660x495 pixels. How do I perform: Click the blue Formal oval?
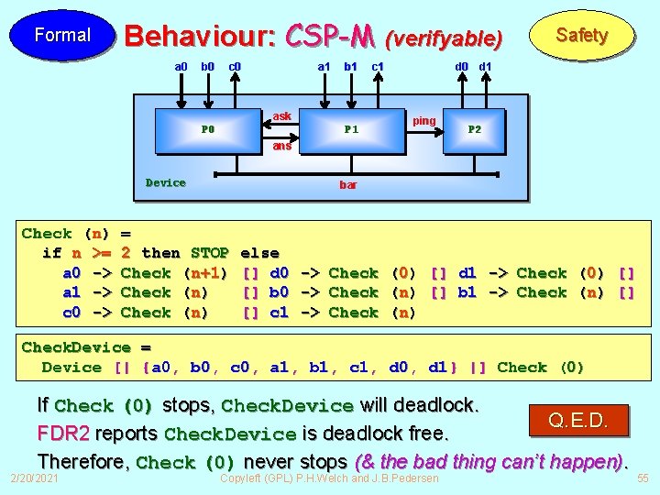click(61, 35)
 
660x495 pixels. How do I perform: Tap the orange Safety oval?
click(582, 35)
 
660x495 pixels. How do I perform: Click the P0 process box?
click(208, 129)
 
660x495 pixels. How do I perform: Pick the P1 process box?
click(351, 129)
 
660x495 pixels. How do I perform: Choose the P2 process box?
click(475, 129)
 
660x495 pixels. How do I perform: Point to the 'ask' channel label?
click(282, 115)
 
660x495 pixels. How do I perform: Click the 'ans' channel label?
click(281, 146)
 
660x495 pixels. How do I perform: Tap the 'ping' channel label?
click(424, 120)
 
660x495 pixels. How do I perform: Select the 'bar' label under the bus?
click(348, 184)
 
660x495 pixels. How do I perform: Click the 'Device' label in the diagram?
click(166, 182)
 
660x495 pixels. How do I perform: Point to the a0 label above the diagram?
click(181, 66)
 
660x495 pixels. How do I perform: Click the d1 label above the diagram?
click(486, 66)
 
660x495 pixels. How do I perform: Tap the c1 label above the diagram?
click(377, 66)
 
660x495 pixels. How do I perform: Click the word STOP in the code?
click(210, 252)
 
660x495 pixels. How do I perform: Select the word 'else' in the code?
click(259, 252)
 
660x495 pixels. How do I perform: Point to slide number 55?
click(642, 478)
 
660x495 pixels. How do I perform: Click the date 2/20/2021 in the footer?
click(33, 478)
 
